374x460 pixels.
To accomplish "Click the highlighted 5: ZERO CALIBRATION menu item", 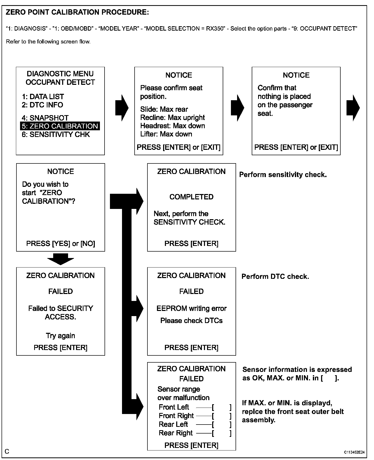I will click(60, 126).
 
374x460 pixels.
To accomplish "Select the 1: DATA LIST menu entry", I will click(43, 97).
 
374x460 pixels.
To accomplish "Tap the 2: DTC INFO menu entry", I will click(42, 105).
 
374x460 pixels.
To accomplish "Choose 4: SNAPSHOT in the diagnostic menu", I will click(45, 118).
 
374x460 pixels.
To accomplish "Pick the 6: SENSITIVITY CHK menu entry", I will click(56, 134).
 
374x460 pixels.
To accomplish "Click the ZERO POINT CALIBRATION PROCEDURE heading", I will click(77, 12).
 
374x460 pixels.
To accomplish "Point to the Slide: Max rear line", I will click(164, 109).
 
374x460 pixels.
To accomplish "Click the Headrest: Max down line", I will click(173, 126).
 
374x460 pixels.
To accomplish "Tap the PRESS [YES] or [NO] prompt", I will click(61, 243).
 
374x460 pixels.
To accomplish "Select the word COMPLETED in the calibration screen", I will click(191, 197).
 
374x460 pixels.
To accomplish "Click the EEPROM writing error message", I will click(191, 308).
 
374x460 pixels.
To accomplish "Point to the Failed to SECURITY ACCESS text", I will click(61, 312).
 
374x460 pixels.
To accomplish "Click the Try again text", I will click(61, 336).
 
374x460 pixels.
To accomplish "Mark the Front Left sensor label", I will click(174, 407).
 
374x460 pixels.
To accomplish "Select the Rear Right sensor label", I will click(176, 433).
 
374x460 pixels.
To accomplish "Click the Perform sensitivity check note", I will click(283, 175).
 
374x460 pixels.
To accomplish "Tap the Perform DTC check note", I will click(275, 277).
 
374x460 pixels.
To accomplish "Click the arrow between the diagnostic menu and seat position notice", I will click(121, 108).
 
